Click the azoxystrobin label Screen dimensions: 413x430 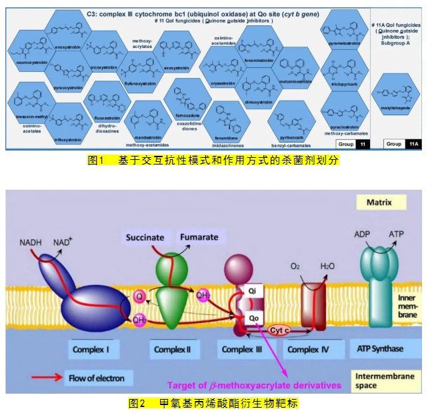point(177,68)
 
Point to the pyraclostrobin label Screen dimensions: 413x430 point(345,127)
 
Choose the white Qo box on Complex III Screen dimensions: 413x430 point(255,318)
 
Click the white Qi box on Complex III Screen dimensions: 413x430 point(252,292)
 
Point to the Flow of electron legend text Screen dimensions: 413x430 point(97,378)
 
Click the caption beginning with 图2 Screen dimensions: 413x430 point(214,403)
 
